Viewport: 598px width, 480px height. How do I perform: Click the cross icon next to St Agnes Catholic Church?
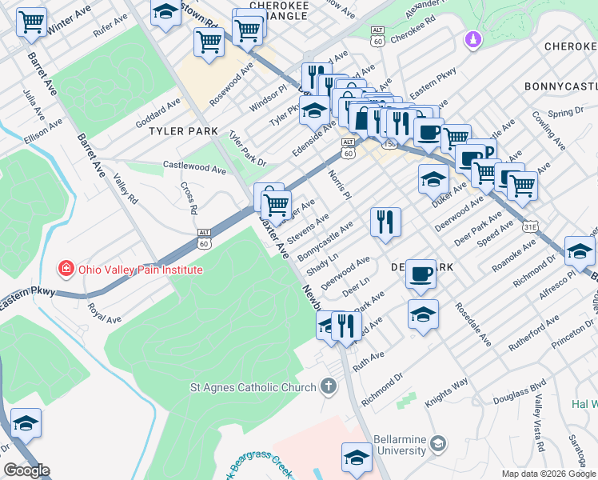point(327,388)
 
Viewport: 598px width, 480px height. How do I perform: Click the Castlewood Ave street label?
point(194,168)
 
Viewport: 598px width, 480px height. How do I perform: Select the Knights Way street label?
point(446,393)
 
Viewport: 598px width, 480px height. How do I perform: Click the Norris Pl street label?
point(339,184)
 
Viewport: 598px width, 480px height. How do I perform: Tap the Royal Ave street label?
point(104,313)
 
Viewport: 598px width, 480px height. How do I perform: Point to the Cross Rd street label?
point(189,198)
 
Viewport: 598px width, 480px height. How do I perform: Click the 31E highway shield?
point(529,227)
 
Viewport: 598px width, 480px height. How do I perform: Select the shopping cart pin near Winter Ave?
point(32,22)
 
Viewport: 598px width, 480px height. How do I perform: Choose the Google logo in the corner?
point(26,470)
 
